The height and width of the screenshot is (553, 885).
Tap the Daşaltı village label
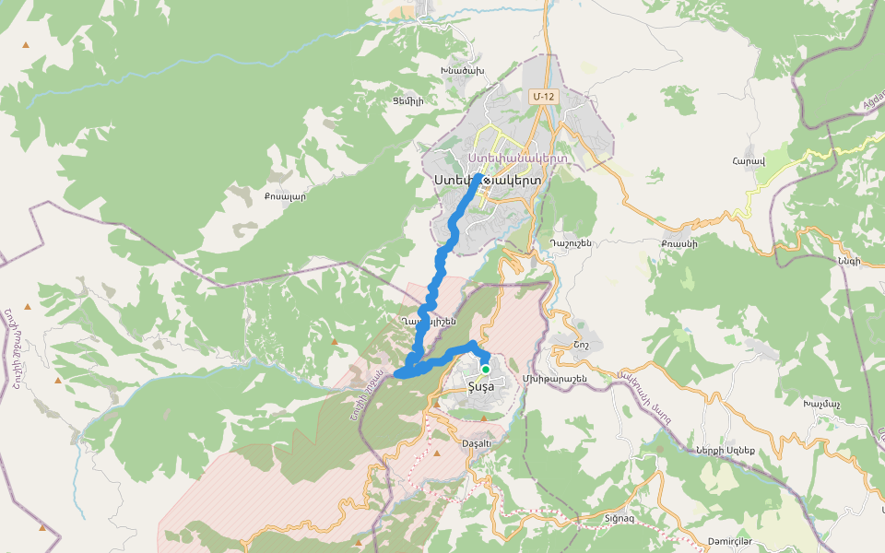pos(478,442)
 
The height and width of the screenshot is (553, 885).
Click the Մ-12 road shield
pos(543,96)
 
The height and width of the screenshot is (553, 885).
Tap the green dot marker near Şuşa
pos(486,369)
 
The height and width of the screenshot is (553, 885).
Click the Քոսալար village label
pos(284,195)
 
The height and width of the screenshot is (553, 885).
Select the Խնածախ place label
pos(462,70)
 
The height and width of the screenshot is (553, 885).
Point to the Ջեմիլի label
pos(407,101)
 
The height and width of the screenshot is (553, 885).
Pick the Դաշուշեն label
pos(570,243)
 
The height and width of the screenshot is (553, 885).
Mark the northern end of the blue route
pos(481,175)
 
